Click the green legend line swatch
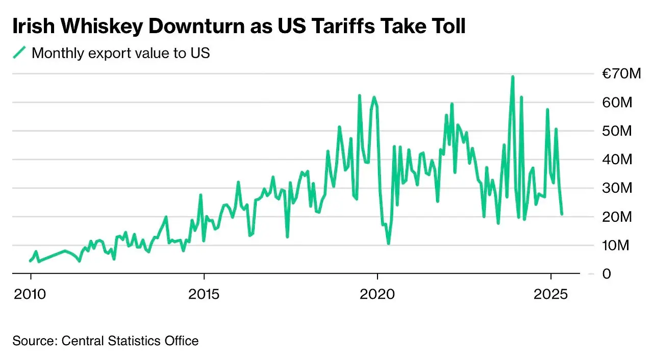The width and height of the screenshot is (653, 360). tap(19, 53)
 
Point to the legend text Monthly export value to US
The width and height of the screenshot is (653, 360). tap(120, 53)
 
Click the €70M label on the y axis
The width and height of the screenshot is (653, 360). tap(621, 74)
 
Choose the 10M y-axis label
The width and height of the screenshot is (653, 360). tap(617, 245)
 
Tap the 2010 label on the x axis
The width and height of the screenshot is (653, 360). tap(31, 294)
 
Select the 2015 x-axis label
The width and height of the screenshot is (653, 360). tap(204, 294)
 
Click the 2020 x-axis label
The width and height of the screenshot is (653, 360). tap(378, 294)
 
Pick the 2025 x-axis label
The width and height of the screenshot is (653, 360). tap(551, 294)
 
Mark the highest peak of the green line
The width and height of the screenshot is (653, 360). tap(512, 77)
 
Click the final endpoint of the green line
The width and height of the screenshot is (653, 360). tap(562, 214)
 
